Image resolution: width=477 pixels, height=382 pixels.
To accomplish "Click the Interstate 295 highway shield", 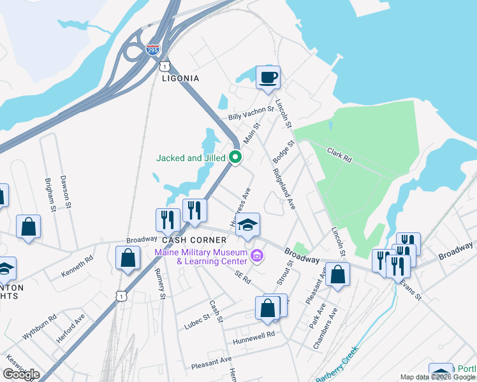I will (152, 49).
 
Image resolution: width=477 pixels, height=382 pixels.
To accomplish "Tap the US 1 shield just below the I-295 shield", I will (165, 66).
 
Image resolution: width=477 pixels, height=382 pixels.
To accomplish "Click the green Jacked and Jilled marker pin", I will (235, 157).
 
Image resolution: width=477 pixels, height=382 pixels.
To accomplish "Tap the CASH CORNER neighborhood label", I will (194, 240).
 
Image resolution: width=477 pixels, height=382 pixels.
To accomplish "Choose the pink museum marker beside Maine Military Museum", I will (257, 256).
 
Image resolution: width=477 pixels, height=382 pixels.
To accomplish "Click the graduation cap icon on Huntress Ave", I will (248, 225).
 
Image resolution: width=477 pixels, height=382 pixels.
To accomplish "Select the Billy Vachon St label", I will (251, 113).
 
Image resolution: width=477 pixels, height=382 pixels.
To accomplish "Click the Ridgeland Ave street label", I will (284, 188).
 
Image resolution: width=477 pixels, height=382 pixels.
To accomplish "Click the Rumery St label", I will (161, 284).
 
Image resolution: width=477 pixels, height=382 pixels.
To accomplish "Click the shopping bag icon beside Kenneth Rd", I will (128, 258).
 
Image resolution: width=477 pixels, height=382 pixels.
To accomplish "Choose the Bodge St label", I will (283, 153).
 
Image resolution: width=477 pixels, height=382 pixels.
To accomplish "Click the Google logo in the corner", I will (21, 374).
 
